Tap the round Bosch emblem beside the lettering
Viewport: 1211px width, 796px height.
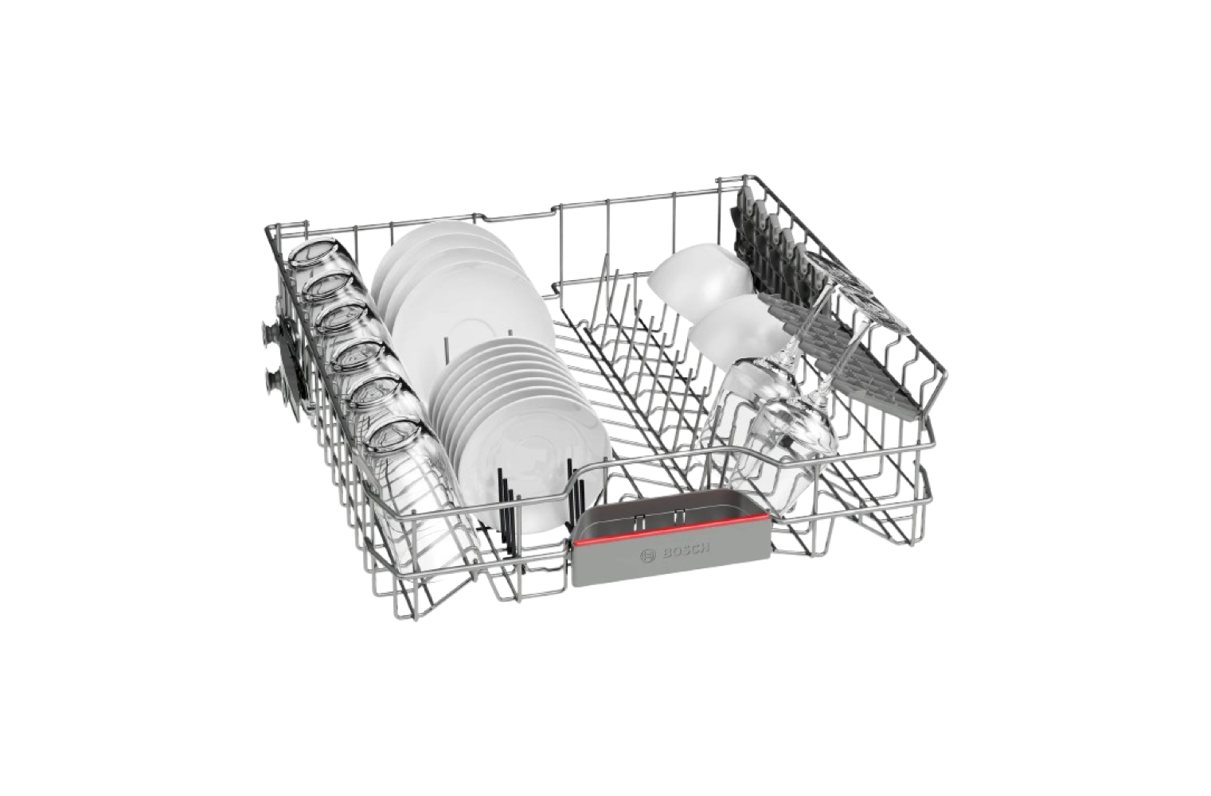647,556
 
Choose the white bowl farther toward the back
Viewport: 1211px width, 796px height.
701,275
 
